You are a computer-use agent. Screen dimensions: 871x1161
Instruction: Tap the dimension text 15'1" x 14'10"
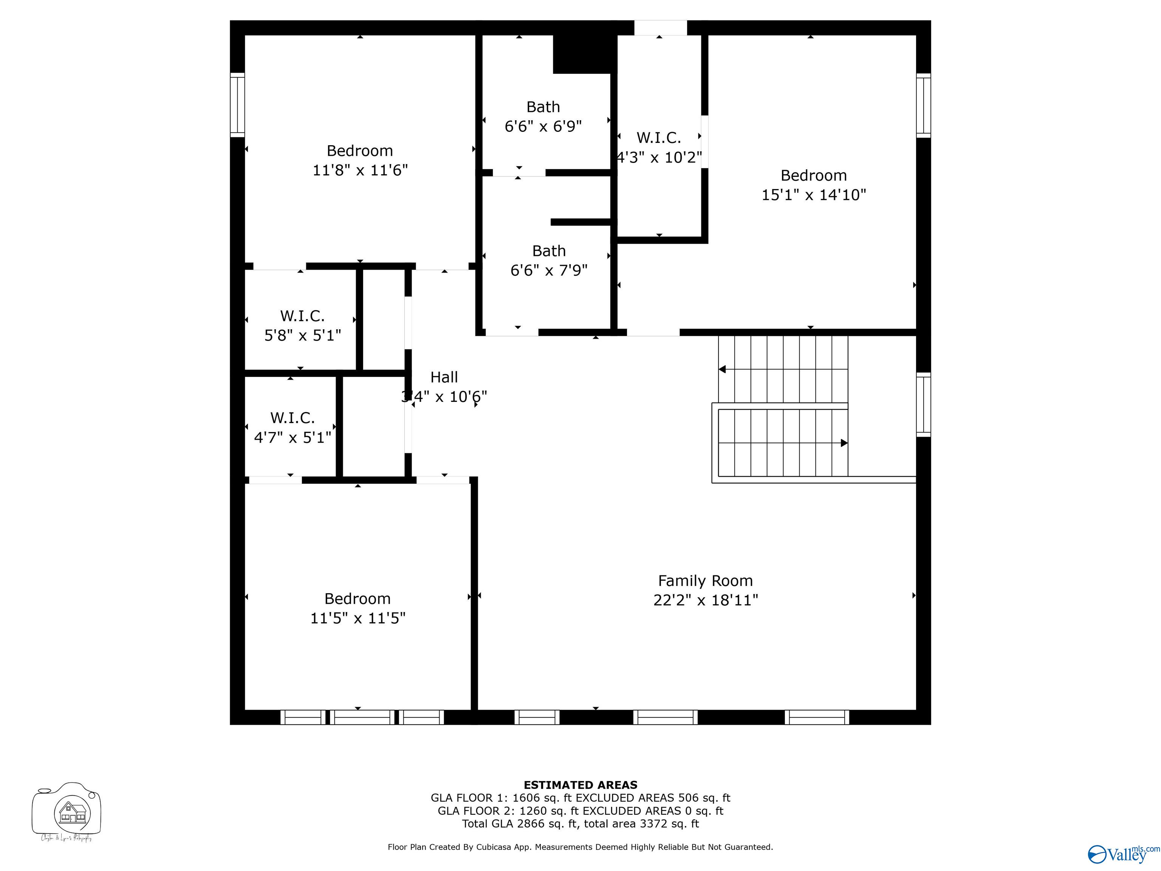tap(814, 195)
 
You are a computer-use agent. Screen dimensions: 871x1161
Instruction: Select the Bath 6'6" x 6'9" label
tap(543, 116)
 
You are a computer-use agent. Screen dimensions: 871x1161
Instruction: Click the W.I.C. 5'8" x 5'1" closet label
tap(302, 325)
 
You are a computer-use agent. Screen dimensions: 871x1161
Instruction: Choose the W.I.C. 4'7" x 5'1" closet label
tap(293, 427)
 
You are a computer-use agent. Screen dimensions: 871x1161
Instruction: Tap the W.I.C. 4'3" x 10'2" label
tap(659, 147)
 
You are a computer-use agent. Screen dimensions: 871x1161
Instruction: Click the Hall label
tap(444, 377)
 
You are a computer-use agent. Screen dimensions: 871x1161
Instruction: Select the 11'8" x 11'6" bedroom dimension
tap(360, 170)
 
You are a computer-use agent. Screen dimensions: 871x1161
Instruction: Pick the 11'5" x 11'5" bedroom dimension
tap(358, 618)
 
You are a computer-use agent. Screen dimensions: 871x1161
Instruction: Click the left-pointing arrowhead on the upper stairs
tap(722, 369)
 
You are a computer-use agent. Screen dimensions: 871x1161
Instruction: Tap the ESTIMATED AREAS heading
tap(580, 785)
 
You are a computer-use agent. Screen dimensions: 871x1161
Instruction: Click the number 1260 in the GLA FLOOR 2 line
tap(533, 811)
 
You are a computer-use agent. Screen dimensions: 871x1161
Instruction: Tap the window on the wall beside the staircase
tap(923, 404)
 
